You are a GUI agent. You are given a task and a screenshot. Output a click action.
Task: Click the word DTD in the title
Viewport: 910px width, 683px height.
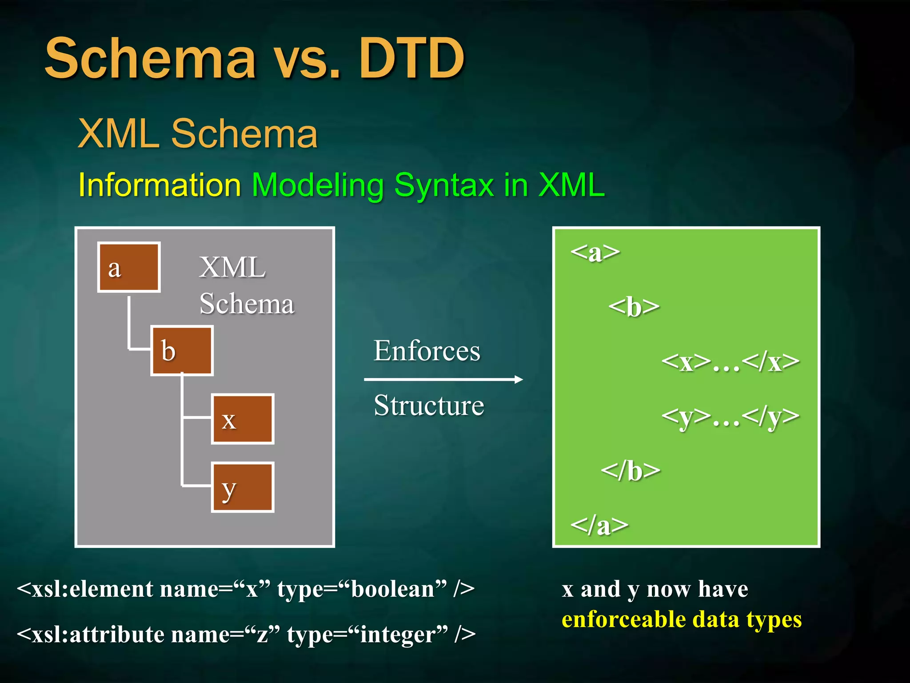[411, 58]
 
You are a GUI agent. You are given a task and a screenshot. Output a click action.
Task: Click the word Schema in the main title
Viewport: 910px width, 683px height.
[151, 58]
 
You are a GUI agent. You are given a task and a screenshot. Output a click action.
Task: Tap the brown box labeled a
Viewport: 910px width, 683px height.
[129, 267]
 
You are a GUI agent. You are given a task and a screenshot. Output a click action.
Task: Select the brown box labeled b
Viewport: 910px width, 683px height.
[182, 350]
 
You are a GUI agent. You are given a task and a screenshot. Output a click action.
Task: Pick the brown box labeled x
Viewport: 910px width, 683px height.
[243, 419]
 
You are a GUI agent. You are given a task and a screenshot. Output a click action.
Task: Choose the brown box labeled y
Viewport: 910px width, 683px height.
[243, 487]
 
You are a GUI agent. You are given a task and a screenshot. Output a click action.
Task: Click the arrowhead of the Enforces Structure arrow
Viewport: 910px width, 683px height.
[519, 379]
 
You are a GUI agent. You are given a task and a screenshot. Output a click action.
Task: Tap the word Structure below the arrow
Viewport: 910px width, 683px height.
[429, 405]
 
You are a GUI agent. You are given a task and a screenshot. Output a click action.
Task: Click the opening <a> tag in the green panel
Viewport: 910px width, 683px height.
[595, 253]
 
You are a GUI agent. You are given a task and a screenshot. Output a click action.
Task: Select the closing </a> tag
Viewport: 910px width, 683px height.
[599, 526]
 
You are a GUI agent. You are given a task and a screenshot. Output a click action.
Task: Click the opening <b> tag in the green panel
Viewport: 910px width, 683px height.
[634, 307]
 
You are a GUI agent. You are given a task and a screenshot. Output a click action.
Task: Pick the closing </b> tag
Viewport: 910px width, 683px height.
[631, 471]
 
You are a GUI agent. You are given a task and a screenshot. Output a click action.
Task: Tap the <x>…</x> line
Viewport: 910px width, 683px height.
[730, 362]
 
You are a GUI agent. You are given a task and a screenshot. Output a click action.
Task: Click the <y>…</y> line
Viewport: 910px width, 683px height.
[730, 417]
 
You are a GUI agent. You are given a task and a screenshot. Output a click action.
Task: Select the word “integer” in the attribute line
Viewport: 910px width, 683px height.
[398, 635]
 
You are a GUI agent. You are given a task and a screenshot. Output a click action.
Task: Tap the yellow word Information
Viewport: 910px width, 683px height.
[160, 185]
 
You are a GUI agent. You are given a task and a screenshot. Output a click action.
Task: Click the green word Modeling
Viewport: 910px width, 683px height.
[317, 185]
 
